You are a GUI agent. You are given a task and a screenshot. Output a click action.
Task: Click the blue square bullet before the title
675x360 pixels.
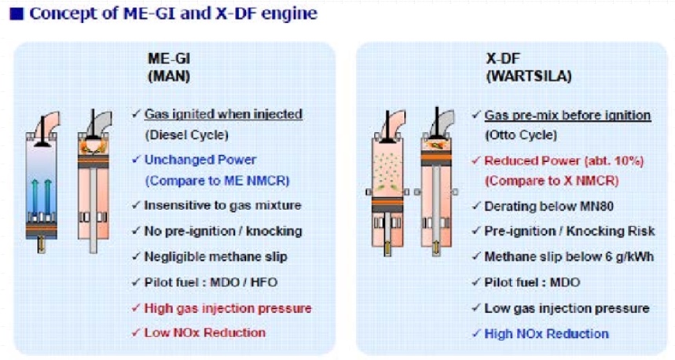pyautogui.click(x=17, y=14)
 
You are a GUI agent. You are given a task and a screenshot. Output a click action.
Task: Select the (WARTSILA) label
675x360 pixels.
pyautogui.click(x=529, y=77)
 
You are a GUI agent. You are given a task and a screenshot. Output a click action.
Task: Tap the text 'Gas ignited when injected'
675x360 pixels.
pyautogui.click(x=223, y=114)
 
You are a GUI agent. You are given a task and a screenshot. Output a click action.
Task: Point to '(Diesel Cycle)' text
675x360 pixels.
pyautogui.click(x=187, y=135)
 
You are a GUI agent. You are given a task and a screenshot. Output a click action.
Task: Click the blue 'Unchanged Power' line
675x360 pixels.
pyautogui.click(x=200, y=160)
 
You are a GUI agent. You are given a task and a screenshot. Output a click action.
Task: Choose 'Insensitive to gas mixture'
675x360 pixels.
pyautogui.click(x=222, y=205)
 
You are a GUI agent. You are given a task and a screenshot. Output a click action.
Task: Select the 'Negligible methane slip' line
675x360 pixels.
pyautogui.click(x=215, y=257)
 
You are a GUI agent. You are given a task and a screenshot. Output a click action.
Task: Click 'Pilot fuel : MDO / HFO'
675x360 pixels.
pyautogui.click(x=211, y=282)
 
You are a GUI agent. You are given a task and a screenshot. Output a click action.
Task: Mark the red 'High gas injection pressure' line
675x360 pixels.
pyautogui.click(x=228, y=308)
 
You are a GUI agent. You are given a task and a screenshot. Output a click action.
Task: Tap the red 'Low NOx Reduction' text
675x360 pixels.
pyautogui.click(x=205, y=332)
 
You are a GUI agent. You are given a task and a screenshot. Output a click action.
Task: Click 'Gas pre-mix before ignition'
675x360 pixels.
pyautogui.click(x=567, y=116)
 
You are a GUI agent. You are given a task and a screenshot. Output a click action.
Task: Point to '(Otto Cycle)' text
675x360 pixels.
pyautogui.click(x=521, y=135)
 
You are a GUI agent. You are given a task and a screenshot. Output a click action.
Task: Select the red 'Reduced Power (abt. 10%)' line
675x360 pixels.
pyautogui.click(x=564, y=161)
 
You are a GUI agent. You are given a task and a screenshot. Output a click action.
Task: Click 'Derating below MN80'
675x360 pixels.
pyautogui.click(x=548, y=206)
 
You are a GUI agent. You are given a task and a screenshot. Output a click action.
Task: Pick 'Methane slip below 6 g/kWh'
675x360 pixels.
pyautogui.click(x=569, y=257)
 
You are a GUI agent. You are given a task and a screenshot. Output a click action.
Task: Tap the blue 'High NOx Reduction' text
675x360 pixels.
pyautogui.click(x=547, y=334)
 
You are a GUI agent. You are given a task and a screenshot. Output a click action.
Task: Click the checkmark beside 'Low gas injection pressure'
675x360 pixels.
pyautogui.click(x=475, y=308)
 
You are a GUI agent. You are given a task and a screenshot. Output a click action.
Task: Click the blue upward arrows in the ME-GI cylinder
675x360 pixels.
pyautogui.click(x=42, y=197)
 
